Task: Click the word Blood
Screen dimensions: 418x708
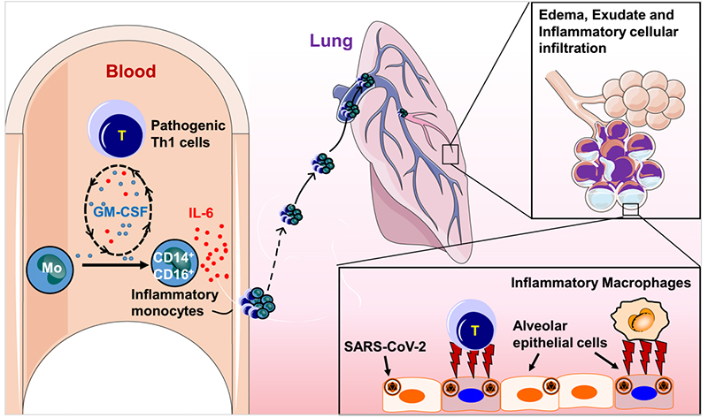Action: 130,70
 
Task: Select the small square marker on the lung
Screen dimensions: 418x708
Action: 450,156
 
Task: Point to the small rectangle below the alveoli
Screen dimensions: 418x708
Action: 631,209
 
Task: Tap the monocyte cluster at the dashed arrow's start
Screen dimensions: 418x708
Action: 258,302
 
